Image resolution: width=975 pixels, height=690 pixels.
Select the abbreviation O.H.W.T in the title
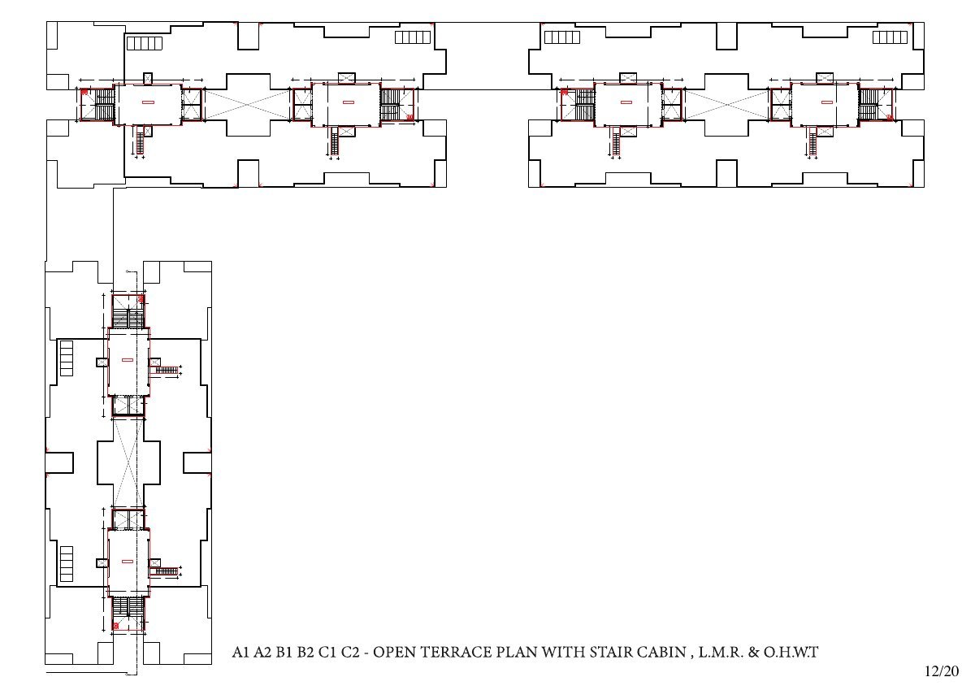coord(791,652)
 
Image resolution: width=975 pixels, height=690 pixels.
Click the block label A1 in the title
coord(240,652)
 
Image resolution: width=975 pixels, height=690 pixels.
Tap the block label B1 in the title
coord(284,652)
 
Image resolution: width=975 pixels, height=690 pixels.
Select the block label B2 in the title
coord(305,652)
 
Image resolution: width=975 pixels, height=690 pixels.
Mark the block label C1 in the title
coord(327,652)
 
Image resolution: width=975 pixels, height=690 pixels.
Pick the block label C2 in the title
coord(350,652)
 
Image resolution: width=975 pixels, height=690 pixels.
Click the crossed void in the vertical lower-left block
coord(128,462)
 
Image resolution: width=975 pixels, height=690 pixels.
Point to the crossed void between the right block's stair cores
coord(726,105)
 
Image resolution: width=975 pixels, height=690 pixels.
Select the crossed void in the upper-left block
coord(247,105)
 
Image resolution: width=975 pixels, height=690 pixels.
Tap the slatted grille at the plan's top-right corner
coord(890,37)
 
